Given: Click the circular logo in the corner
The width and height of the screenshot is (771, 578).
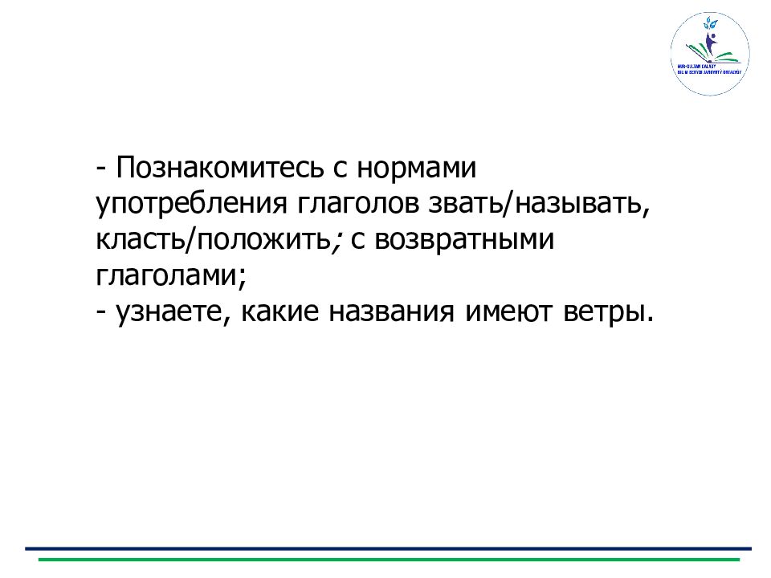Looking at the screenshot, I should pyautogui.click(x=709, y=54).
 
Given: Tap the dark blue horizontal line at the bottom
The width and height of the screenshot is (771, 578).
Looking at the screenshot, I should pyautogui.click(x=385, y=549).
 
